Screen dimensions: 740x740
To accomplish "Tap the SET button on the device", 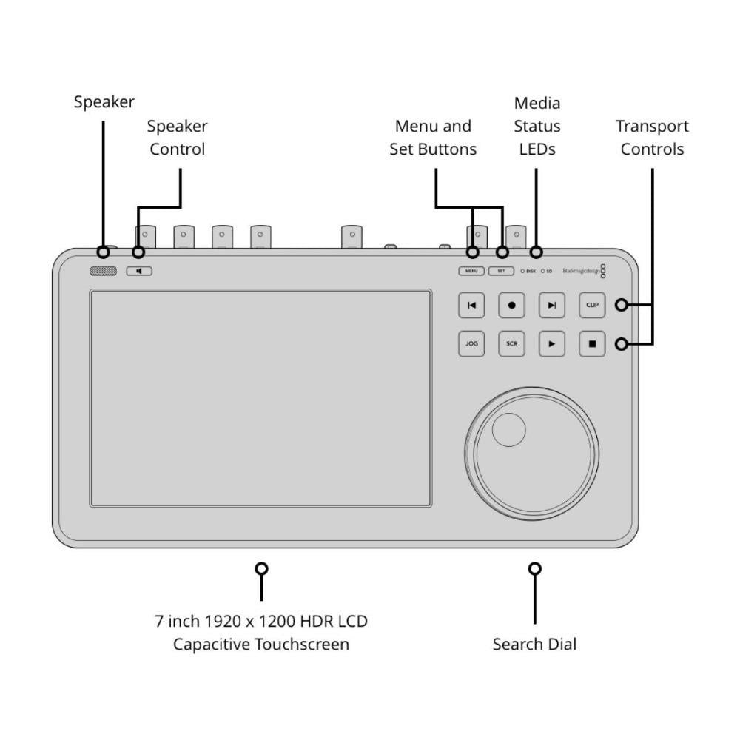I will pos(501,272).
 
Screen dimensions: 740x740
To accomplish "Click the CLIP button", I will pos(592,305).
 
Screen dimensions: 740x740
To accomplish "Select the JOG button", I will pos(471,344).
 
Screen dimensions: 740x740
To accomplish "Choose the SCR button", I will pos(511,344).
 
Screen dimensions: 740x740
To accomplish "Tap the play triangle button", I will pos(552,344).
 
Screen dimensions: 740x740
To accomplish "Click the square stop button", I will pos(592,344).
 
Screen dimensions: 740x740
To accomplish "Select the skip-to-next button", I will pos(552,305).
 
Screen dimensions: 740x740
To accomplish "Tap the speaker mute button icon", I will pos(139,272).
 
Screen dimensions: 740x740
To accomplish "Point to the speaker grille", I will pos(104,272).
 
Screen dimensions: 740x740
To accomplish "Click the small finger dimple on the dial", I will pos(509,430).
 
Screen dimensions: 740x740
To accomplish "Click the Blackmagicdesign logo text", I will pos(581,272).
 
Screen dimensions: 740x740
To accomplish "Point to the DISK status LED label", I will pos(531,272).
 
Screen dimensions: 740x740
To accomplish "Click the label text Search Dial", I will pos(534,644).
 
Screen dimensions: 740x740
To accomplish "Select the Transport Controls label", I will pos(652,138).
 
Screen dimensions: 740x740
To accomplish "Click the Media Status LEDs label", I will pos(537,126).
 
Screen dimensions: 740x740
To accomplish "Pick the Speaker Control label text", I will pos(178,138).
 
